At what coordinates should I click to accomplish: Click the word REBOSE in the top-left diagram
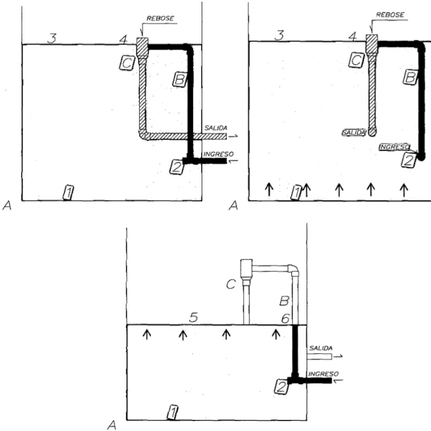pyautogui.click(x=160, y=18)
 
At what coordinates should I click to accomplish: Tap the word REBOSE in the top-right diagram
pyautogui.click(x=390, y=15)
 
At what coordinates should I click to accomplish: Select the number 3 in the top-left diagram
pyautogui.click(x=51, y=38)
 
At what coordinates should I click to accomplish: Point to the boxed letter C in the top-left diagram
pyautogui.click(x=127, y=63)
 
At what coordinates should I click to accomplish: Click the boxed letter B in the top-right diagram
pyautogui.click(x=410, y=77)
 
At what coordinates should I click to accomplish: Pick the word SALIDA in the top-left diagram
pyautogui.click(x=215, y=128)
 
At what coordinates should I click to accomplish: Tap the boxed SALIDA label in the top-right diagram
pyautogui.click(x=354, y=133)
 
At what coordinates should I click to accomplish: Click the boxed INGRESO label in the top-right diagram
pyautogui.click(x=395, y=147)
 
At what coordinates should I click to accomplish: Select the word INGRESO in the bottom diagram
pyautogui.click(x=323, y=374)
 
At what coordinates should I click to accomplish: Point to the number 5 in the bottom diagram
pyautogui.click(x=193, y=318)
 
